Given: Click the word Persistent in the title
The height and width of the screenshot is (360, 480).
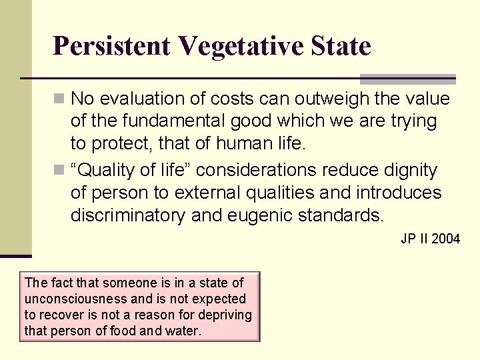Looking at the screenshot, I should [111, 47].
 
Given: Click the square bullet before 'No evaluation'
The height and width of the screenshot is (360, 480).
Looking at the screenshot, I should [60, 99].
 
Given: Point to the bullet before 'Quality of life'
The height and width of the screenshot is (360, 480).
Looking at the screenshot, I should [60, 171].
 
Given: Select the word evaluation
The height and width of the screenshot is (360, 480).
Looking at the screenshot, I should [145, 99].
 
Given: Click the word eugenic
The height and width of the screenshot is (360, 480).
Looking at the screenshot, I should [256, 215].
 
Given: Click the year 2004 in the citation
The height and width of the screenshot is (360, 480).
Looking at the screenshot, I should [445, 239].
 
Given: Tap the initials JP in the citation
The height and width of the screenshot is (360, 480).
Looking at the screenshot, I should [408, 239].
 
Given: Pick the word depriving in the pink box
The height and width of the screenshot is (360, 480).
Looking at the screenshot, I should [227, 315].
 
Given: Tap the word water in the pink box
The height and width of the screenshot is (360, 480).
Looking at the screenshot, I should [183, 331].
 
